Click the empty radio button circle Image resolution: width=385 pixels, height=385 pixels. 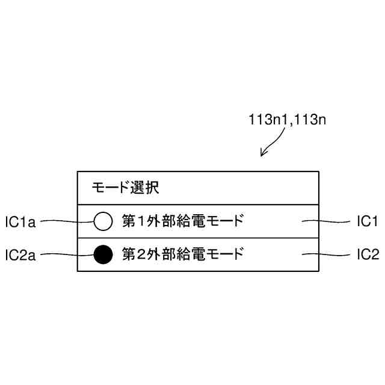[x=103, y=221]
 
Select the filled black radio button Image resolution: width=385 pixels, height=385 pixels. [x=103, y=255]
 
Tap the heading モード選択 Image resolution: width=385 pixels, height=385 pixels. [x=125, y=188]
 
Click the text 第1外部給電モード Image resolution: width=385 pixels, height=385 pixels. [x=182, y=221]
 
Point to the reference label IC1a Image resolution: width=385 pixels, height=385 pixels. [x=20, y=222]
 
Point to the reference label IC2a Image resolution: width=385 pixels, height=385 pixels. [x=20, y=255]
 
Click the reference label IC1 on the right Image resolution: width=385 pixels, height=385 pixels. [x=366, y=221]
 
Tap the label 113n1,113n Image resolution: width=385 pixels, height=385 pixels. [x=288, y=120]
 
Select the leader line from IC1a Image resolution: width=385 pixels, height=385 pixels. [x=66, y=221]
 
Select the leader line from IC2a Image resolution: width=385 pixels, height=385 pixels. [x=66, y=255]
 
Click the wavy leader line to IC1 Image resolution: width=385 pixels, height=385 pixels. [x=325, y=221]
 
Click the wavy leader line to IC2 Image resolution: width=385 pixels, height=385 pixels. [x=325, y=254]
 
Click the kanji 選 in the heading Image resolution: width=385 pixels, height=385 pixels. [x=138, y=188]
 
